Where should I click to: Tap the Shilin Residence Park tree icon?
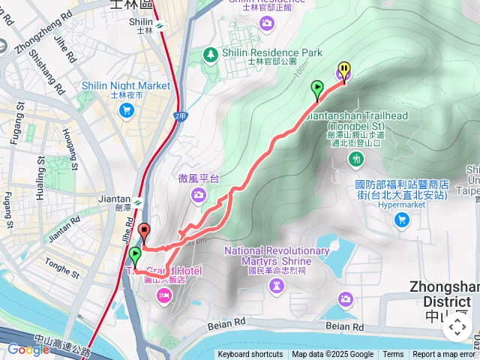[212, 54]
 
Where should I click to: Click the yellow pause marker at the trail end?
[343, 71]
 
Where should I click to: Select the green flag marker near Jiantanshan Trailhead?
[317, 90]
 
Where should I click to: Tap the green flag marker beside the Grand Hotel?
[135, 256]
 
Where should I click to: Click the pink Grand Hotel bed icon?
[163, 297]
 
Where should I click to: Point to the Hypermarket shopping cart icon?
[402, 219]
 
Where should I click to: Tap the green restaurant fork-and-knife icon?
[356, 158]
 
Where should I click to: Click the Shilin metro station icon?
[160, 28]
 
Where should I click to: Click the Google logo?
[28, 349]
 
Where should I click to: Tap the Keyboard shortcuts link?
[250, 355]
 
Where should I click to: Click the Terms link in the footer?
[393, 355]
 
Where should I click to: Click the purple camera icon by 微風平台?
[198, 195]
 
